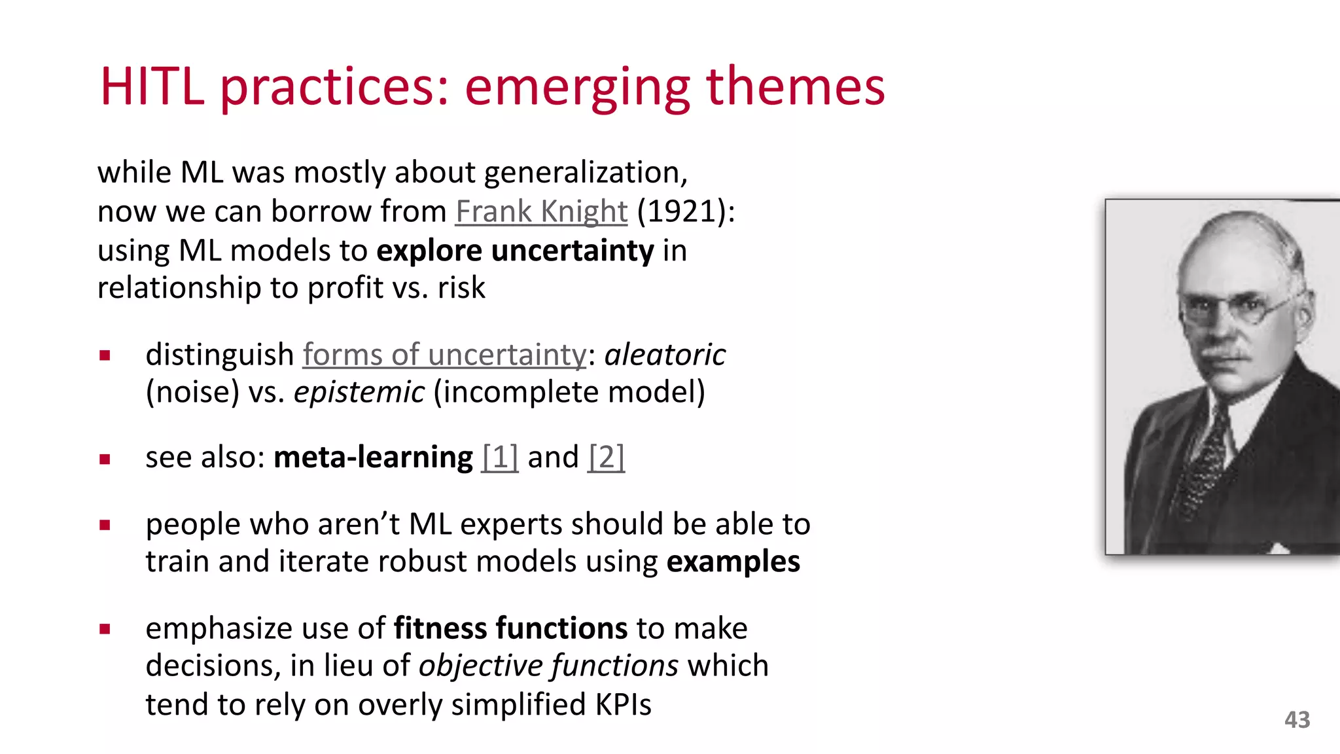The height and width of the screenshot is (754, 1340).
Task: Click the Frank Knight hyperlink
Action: click(x=541, y=211)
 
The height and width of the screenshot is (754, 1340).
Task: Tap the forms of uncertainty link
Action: click(x=444, y=355)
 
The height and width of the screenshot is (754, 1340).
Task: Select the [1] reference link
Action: click(x=500, y=457)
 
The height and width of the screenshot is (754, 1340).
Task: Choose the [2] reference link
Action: click(x=606, y=457)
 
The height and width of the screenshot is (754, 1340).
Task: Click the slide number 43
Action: click(x=1297, y=720)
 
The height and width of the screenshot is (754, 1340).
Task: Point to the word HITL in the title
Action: click(x=152, y=86)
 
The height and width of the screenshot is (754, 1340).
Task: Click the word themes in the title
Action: click(x=795, y=86)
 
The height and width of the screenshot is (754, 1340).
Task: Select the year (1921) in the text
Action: click(x=685, y=211)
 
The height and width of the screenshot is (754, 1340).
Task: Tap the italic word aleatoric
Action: click(x=665, y=355)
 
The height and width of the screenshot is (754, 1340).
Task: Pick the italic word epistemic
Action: click(x=359, y=393)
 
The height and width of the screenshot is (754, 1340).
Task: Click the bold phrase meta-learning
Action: click(x=373, y=457)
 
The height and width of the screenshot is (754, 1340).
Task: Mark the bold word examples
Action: click(x=733, y=562)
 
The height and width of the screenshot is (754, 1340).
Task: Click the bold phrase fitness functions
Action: click(x=510, y=628)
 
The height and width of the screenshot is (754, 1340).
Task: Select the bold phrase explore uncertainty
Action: click(x=515, y=251)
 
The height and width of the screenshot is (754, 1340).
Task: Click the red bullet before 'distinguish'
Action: click(x=105, y=356)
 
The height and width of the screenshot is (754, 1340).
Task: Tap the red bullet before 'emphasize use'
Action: click(x=105, y=630)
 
